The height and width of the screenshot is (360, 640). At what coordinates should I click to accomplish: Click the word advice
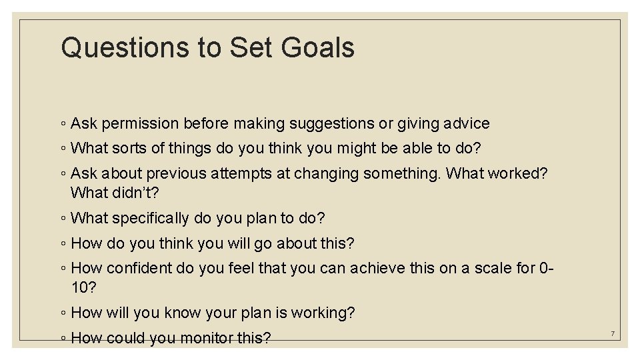[x=465, y=123]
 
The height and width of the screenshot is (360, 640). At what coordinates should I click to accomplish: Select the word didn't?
[x=137, y=193]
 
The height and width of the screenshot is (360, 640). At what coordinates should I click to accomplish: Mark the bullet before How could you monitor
[x=62, y=339]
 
